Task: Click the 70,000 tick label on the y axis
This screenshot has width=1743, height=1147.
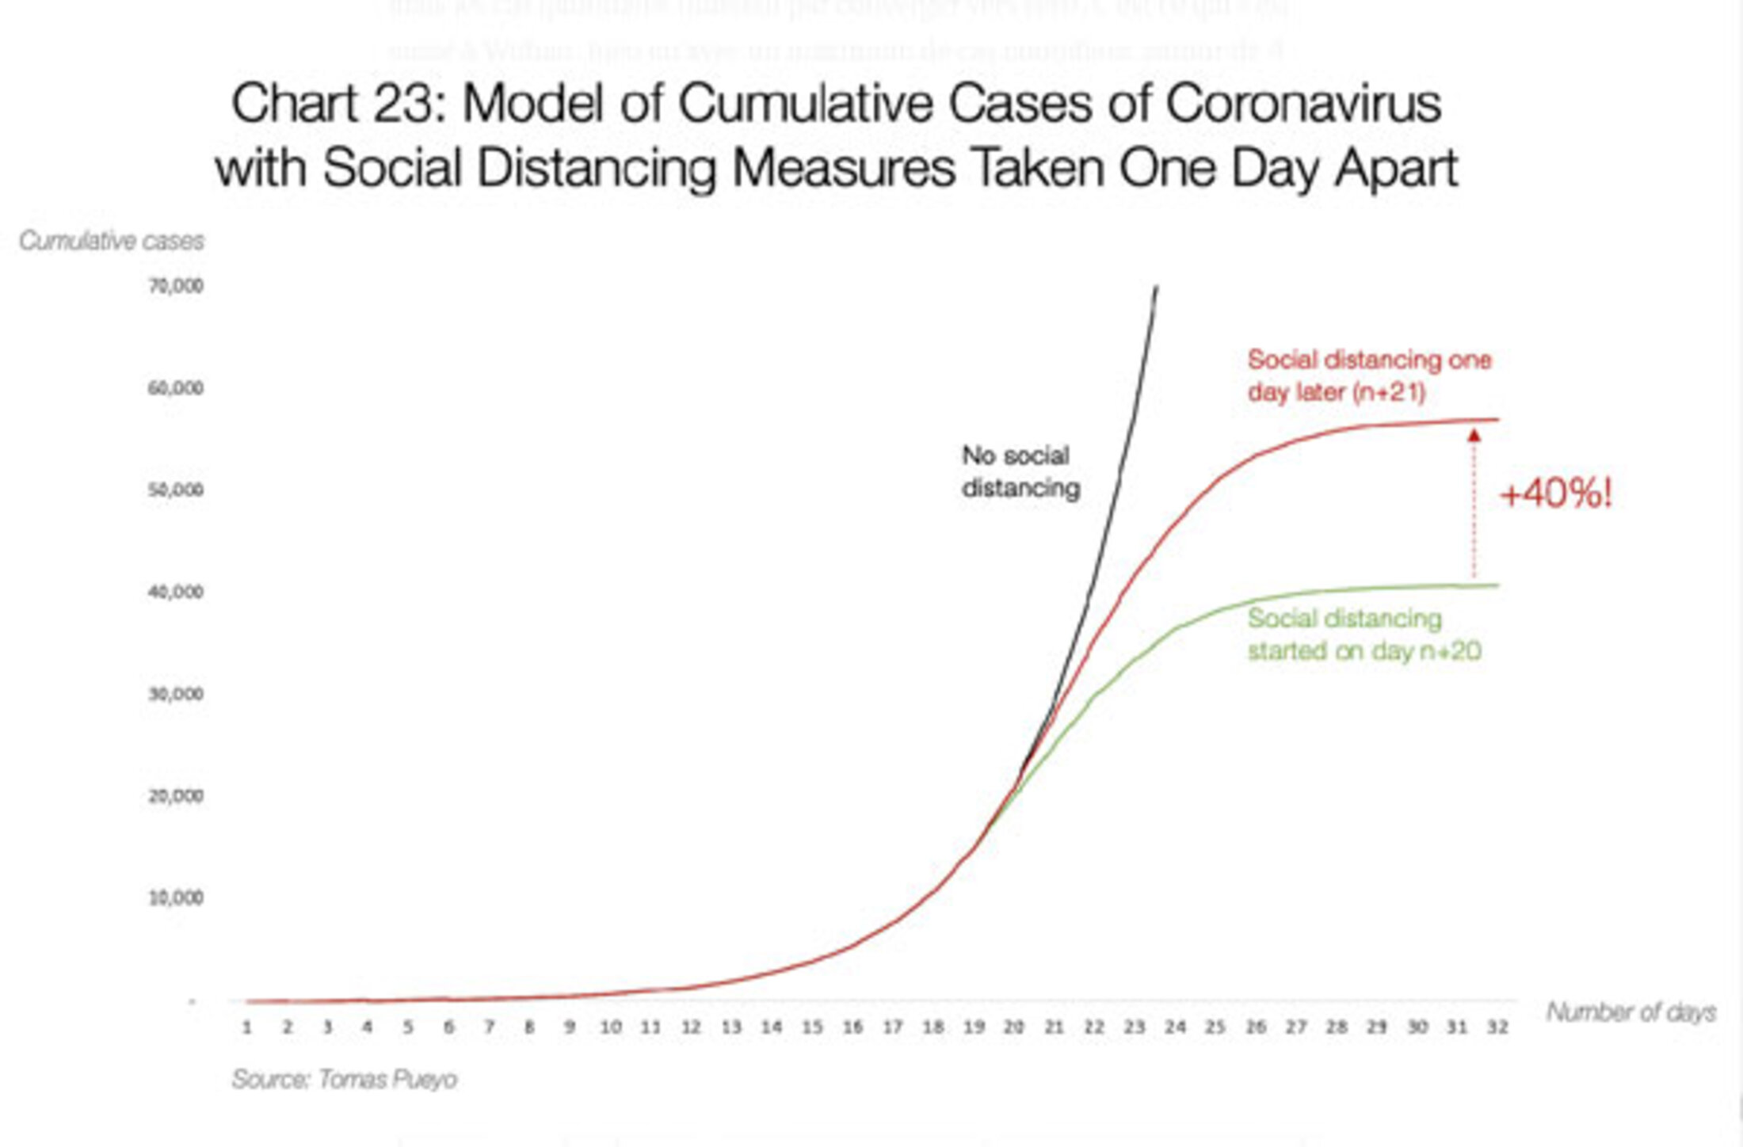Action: click(175, 286)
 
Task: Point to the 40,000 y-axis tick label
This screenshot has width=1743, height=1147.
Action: click(175, 592)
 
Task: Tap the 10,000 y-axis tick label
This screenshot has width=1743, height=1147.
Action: click(175, 897)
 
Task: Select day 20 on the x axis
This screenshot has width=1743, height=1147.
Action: click(1013, 1027)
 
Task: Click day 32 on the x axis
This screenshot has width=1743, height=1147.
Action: click(1497, 1027)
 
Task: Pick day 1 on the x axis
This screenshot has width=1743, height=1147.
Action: click(247, 1027)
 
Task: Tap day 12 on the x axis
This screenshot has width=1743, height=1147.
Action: click(691, 1027)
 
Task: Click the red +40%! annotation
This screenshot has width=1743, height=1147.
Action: click(1555, 494)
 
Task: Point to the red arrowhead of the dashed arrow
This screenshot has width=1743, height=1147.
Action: click(1474, 435)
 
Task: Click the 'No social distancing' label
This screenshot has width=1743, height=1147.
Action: click(1020, 471)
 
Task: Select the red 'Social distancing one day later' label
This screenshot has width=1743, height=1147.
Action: click(1369, 375)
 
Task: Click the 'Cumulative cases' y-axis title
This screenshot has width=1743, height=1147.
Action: click(112, 240)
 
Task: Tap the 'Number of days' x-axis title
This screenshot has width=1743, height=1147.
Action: click(1630, 1012)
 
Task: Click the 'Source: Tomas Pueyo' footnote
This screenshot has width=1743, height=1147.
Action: click(344, 1079)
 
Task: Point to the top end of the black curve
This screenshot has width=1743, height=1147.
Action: click(1157, 288)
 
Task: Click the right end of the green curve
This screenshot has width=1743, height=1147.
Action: click(1497, 585)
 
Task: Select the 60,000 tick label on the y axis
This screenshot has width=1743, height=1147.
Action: click(175, 388)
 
